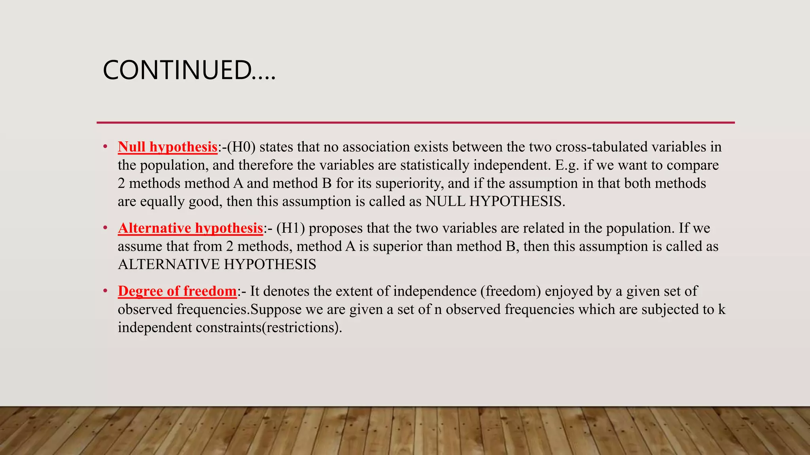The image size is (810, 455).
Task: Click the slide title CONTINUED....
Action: [x=189, y=70]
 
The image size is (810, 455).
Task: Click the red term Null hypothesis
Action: [x=167, y=147]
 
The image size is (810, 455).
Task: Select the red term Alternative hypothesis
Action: [x=190, y=228]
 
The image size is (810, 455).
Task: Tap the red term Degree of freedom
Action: [x=177, y=291]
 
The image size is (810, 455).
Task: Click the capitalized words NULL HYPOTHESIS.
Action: [x=495, y=201]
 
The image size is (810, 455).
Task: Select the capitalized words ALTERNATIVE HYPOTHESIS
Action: [x=217, y=264]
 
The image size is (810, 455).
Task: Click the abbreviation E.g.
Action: [x=567, y=165]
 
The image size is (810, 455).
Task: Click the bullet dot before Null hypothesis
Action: [x=105, y=147]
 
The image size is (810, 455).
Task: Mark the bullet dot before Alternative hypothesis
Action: [x=105, y=228]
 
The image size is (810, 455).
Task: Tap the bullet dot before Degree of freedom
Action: [x=105, y=291]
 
